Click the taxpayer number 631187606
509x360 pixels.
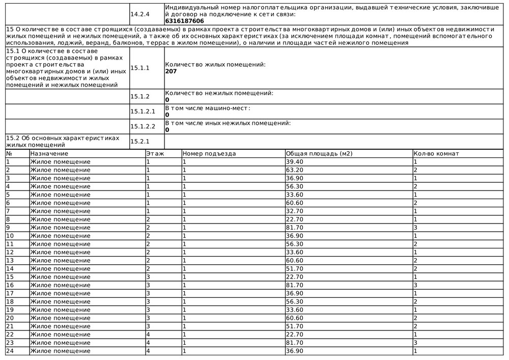185,21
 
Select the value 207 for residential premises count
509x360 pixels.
171,72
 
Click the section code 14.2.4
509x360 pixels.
140,14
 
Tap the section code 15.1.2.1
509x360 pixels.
143,112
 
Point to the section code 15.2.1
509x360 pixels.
140,142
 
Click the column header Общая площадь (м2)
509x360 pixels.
319,154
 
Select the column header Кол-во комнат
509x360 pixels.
436,154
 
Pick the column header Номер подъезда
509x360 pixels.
209,154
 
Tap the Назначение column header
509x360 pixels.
49,154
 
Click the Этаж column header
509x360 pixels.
155,154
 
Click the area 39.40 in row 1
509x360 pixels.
295,162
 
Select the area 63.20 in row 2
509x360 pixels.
295,170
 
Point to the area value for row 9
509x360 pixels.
295,228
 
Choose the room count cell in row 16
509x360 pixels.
416,285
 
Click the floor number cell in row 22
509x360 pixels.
148,335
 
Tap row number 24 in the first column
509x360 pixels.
10,351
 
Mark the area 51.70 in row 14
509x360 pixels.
295,269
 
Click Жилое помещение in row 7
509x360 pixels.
60,211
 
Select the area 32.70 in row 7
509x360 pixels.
295,211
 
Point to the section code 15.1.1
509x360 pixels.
140,68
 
